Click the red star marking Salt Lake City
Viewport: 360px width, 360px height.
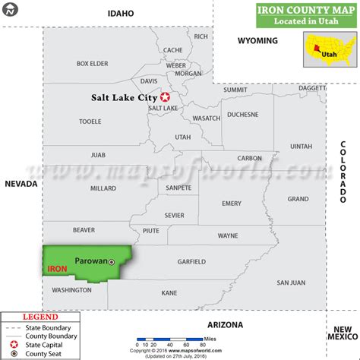point(164,97)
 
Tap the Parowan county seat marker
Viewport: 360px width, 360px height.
point(112,261)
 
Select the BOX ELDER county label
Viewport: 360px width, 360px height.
point(93,63)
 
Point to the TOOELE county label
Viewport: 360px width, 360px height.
point(90,122)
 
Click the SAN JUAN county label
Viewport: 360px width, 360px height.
point(291,283)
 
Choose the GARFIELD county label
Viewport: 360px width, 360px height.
point(191,261)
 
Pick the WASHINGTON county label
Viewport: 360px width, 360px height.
point(71,289)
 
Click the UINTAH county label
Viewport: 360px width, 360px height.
point(301,146)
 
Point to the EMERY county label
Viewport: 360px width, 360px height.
point(231,203)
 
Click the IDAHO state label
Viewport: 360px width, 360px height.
point(120,13)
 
